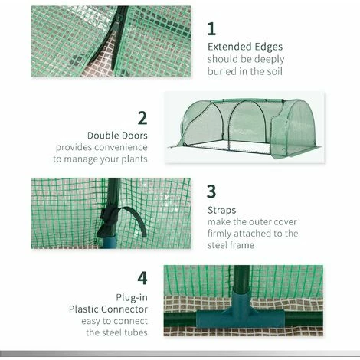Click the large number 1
point(211,28)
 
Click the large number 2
point(142,118)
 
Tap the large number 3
point(211,191)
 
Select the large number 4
point(142,278)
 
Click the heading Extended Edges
point(245,47)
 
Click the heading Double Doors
point(117,136)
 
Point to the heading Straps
point(221,211)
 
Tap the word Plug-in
point(132,297)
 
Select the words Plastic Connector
point(108,309)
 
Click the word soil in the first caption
point(274,71)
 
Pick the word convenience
point(121,147)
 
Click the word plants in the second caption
point(134,159)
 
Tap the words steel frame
point(231,245)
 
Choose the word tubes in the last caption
point(136,332)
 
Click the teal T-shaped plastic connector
point(241,311)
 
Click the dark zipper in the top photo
point(116,38)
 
